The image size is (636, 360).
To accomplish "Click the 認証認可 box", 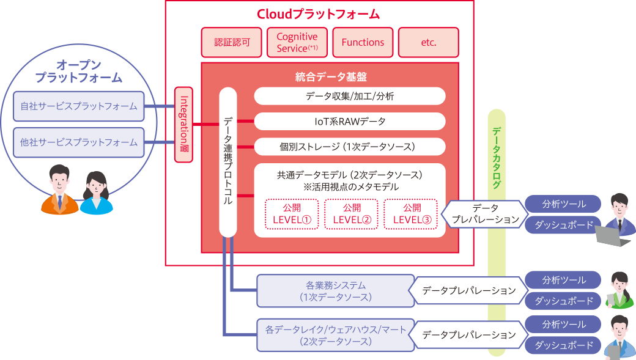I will [232, 43].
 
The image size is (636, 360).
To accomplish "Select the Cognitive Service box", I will [297, 43].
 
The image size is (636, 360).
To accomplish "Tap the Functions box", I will [363, 43].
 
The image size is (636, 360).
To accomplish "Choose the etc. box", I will [428, 43].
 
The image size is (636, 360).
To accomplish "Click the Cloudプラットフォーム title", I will [319, 14].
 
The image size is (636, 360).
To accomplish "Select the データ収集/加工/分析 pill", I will [349, 96].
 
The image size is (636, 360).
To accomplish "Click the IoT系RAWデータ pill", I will [349, 121].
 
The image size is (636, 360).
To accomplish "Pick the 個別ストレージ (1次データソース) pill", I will [349, 147].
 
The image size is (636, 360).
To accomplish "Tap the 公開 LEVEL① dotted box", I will [292, 214].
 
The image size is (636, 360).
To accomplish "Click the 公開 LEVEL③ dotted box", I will [411, 214].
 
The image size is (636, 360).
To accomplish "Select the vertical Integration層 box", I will [183, 125].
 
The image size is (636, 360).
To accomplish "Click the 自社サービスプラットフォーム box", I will [79, 106].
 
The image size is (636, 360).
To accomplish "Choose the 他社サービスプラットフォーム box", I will [79, 142].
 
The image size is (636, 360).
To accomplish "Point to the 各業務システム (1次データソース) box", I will [336, 291].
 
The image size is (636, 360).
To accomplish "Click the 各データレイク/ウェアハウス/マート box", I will [336, 335].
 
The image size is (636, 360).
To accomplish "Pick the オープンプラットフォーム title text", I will [78, 72].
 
